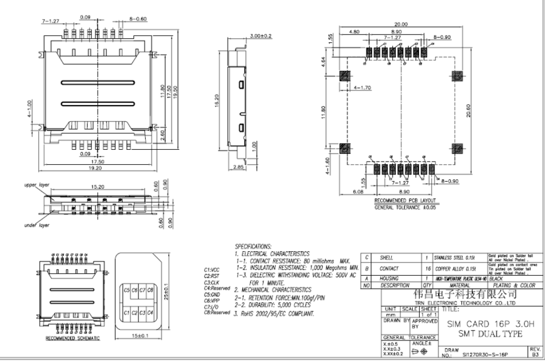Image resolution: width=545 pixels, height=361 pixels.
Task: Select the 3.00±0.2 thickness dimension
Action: pyautogui.click(x=261, y=35)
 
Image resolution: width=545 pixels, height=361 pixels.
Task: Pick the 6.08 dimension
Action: pyautogui.click(x=358, y=192)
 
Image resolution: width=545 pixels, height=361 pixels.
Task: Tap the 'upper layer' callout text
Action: pyautogui.click(x=39, y=185)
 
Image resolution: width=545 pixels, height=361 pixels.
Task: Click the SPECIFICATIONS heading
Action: pyautogui.click(x=253, y=245)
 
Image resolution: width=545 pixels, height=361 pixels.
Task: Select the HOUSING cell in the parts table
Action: pyautogui.click(x=389, y=278)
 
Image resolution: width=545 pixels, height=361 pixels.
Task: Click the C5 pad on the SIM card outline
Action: pyautogui.click(x=126, y=290)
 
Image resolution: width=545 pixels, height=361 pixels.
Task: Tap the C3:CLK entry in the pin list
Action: pyautogui.click(x=211, y=281)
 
